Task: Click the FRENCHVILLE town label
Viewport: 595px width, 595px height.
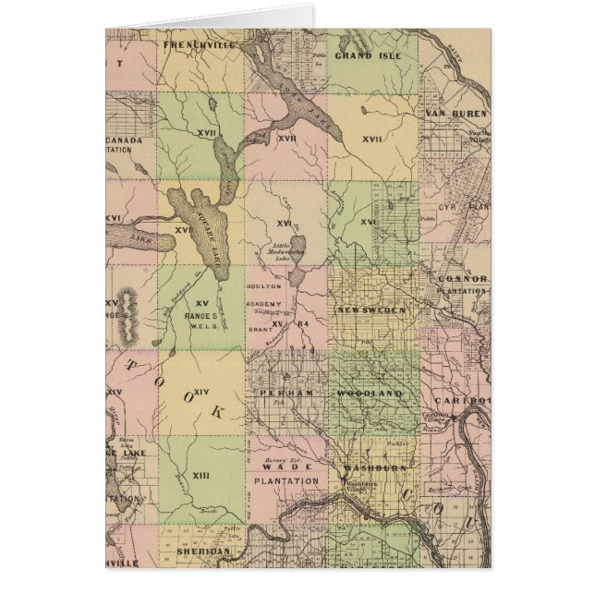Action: pyautogui.click(x=195, y=43)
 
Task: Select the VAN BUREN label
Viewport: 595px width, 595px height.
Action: pyautogui.click(x=456, y=114)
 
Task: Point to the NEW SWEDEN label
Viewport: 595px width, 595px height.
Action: pyautogui.click(x=370, y=310)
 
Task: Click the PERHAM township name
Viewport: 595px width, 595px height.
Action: pyautogui.click(x=281, y=393)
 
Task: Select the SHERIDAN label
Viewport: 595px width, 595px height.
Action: pyautogui.click(x=201, y=550)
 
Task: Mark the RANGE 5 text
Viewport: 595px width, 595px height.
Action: pyautogui.click(x=199, y=315)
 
